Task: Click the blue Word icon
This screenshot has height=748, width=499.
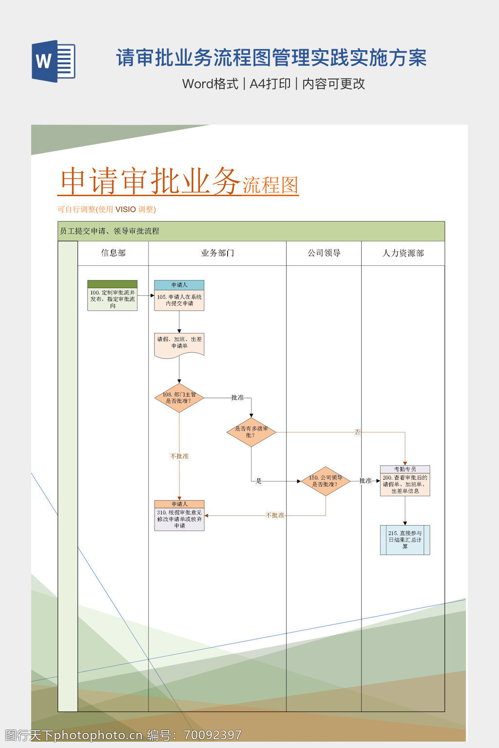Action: coord(53,61)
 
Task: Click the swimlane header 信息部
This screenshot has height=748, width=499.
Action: coord(113,253)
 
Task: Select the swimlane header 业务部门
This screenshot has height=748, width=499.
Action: coord(217,253)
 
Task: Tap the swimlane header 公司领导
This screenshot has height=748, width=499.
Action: coord(324,253)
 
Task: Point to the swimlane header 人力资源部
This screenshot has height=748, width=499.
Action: coord(403,253)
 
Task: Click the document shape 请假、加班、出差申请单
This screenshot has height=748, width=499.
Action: coord(179,345)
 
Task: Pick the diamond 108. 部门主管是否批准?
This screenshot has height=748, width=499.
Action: coord(179,398)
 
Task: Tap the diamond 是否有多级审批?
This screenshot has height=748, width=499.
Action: coord(251,432)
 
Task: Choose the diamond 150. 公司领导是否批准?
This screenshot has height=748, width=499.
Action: coord(326,481)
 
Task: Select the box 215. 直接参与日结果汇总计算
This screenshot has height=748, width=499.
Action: coord(405,540)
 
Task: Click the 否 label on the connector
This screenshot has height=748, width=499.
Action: coord(358,432)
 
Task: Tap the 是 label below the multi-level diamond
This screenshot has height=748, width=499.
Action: coord(259,481)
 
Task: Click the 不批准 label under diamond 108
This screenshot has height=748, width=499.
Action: coord(179,456)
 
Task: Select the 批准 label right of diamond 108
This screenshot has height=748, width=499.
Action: coord(237,398)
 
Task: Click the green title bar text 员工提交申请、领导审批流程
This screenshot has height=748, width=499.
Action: coord(110,231)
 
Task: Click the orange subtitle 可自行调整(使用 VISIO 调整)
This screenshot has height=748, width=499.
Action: coord(107,209)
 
